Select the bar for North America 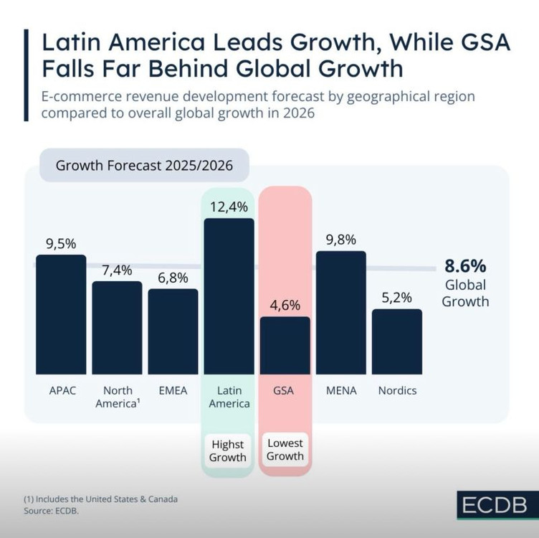coord(117,327)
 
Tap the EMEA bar coord(173,331)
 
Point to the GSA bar coord(285,345)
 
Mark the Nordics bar coord(396,341)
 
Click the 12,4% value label coord(229,207)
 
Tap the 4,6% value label coord(285,305)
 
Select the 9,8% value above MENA coord(340,240)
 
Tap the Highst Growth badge coord(229,451)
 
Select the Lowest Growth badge coord(285,450)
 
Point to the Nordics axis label coord(396,391)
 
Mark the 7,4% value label coord(117,270)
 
